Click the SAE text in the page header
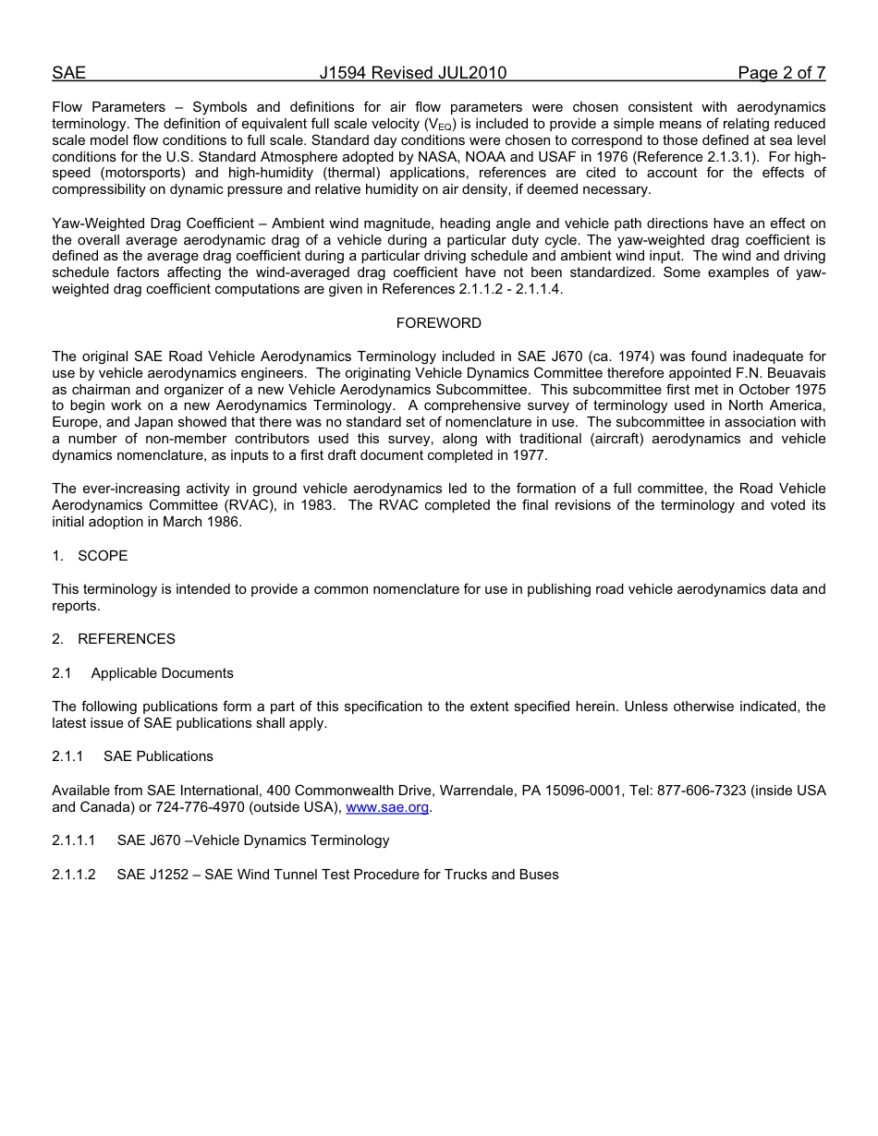[68, 73]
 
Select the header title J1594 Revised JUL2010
[412, 73]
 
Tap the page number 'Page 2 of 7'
[781, 73]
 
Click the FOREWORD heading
[438, 323]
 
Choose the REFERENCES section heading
[126, 639]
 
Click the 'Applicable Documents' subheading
[162, 673]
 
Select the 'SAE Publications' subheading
[158, 756]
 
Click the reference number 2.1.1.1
[74, 840]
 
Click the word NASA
[447, 157]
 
